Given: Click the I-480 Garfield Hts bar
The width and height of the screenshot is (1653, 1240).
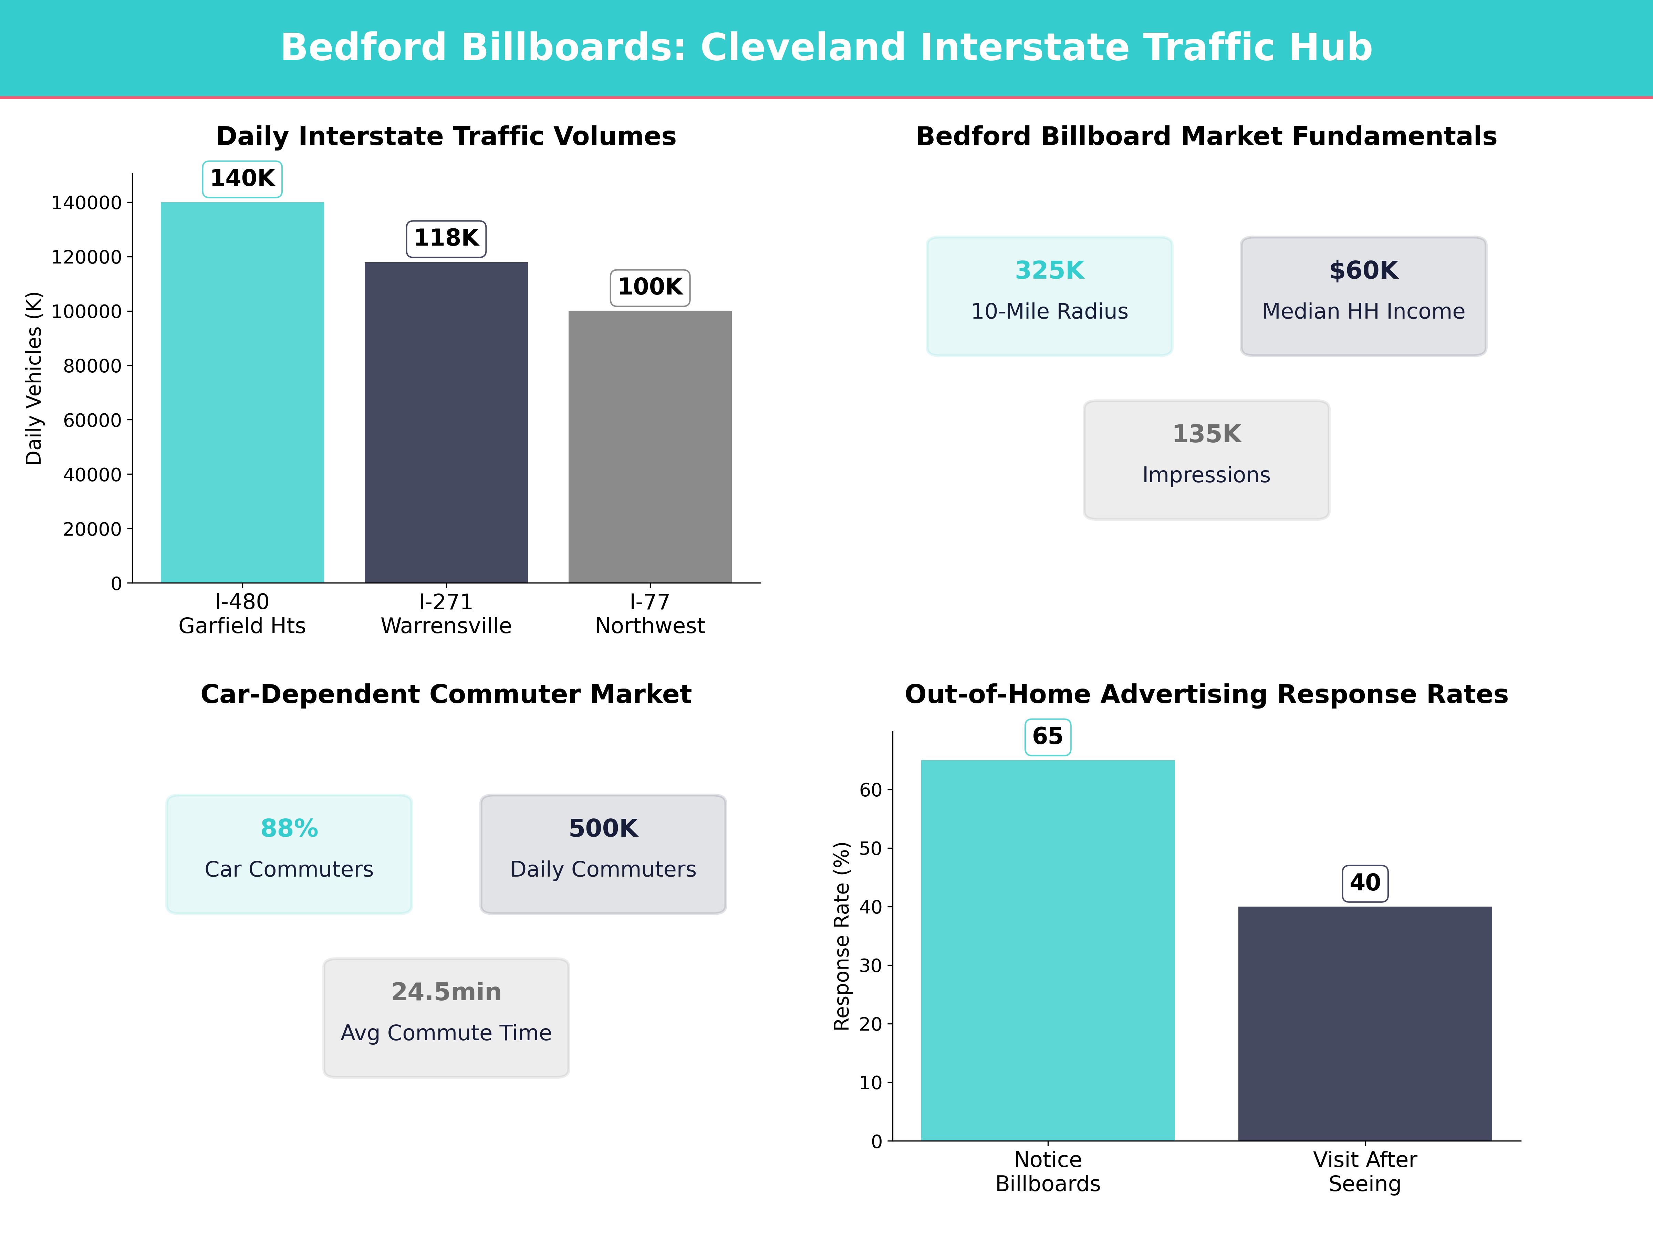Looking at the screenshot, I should point(242,392).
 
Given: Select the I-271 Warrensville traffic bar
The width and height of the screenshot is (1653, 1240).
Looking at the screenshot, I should point(446,422).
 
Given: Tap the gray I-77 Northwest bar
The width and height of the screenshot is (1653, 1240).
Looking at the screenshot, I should point(650,447).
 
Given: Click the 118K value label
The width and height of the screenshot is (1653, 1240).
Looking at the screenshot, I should point(446,238).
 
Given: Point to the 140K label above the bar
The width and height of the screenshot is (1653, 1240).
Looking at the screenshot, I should point(242,179).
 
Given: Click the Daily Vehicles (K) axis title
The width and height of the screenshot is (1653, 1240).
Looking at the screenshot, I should point(34,378).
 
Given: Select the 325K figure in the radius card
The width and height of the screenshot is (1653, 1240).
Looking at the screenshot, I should point(1049,271).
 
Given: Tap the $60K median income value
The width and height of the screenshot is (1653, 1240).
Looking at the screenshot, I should point(1363,271).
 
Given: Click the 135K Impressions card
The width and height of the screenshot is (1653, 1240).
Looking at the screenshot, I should point(1206,459).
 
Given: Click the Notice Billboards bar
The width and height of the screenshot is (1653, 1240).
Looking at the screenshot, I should point(1048,950).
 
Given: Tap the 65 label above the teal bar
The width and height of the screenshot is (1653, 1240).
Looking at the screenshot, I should point(1048,736).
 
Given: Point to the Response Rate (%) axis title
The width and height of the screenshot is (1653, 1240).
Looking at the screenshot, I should point(842,936).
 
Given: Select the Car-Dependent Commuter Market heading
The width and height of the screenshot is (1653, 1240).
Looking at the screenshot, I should point(446,694).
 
